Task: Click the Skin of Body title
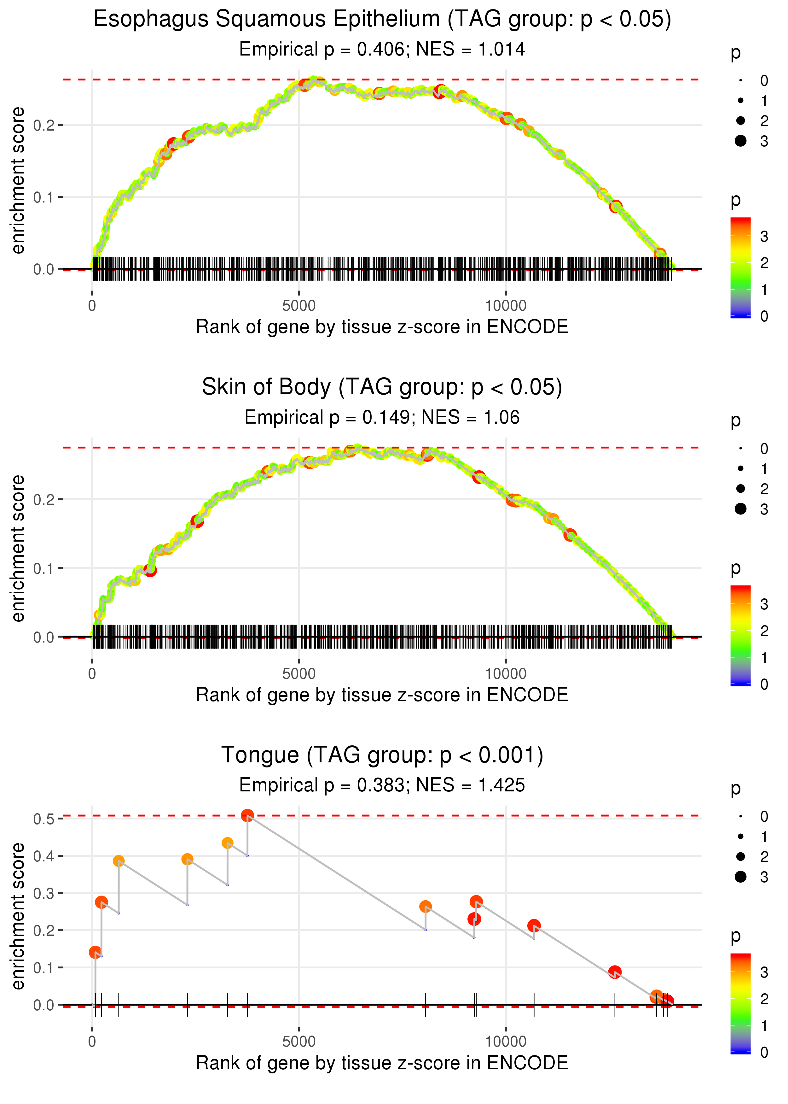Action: coord(382,387)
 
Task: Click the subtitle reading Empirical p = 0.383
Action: coord(382,785)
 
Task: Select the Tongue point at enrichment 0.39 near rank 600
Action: coord(119,861)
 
